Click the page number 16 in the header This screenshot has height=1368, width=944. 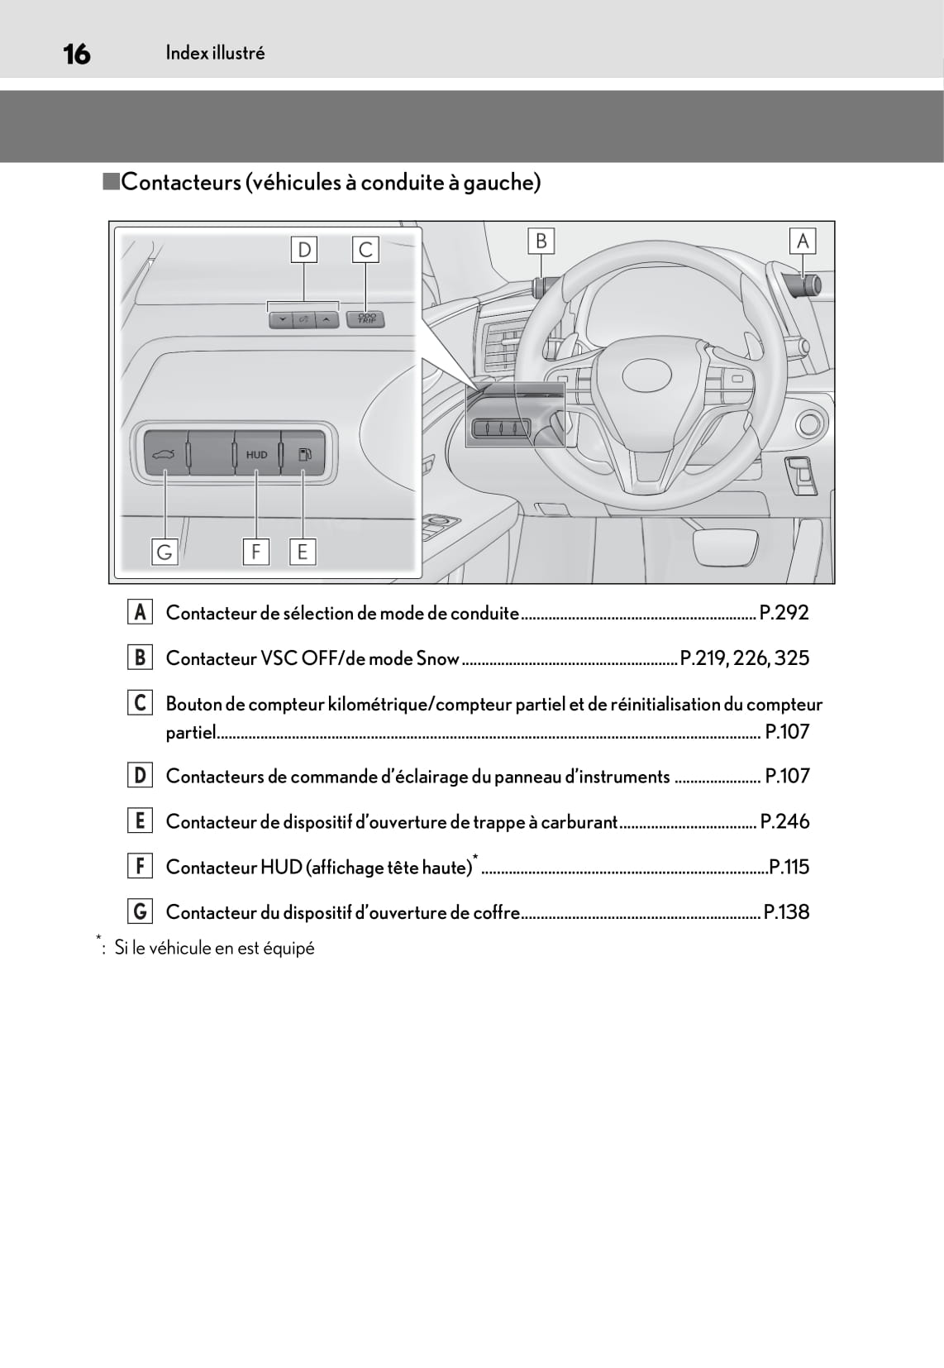coord(77,55)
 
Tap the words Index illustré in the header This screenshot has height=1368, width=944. coord(215,53)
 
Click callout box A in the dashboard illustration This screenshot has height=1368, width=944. coord(803,242)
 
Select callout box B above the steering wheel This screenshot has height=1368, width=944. coord(541,242)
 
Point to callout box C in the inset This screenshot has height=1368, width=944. coord(365,250)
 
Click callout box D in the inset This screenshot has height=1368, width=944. coord(304,250)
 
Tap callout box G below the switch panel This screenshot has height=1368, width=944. coord(164,552)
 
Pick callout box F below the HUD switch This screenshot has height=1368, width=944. coord(255,552)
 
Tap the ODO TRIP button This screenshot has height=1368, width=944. coord(366,318)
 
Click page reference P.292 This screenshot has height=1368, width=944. coord(784,612)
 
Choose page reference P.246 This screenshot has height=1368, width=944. coord(784,821)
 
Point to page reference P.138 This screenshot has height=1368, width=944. coord(787,911)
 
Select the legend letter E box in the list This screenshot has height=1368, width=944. coord(140,820)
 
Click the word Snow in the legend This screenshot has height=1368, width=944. coord(437,658)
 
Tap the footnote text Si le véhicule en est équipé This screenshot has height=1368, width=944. coord(215,948)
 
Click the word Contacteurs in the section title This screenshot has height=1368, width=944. coord(181,183)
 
